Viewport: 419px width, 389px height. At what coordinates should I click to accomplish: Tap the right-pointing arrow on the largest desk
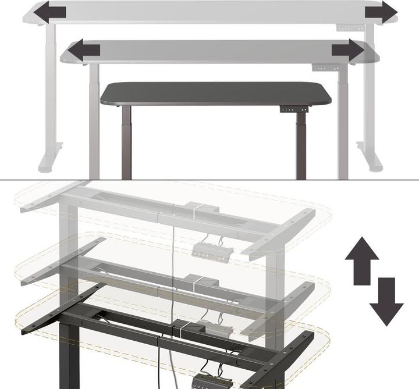381,11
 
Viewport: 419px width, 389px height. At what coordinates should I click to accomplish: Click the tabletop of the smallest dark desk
215,93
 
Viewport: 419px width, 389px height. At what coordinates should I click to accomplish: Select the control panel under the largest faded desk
346,27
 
